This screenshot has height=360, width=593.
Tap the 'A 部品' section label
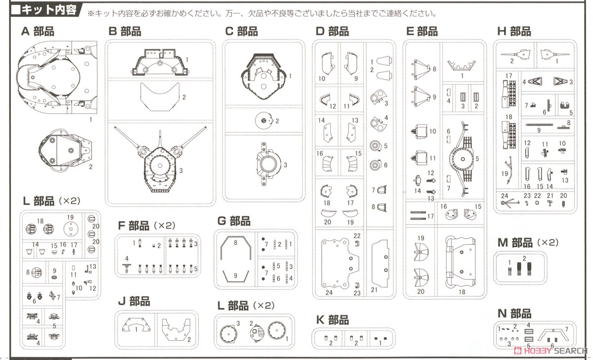point(38,32)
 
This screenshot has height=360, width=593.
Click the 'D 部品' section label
point(332,32)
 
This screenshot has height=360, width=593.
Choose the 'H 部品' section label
point(514,32)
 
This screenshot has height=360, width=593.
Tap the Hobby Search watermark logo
point(549,351)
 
